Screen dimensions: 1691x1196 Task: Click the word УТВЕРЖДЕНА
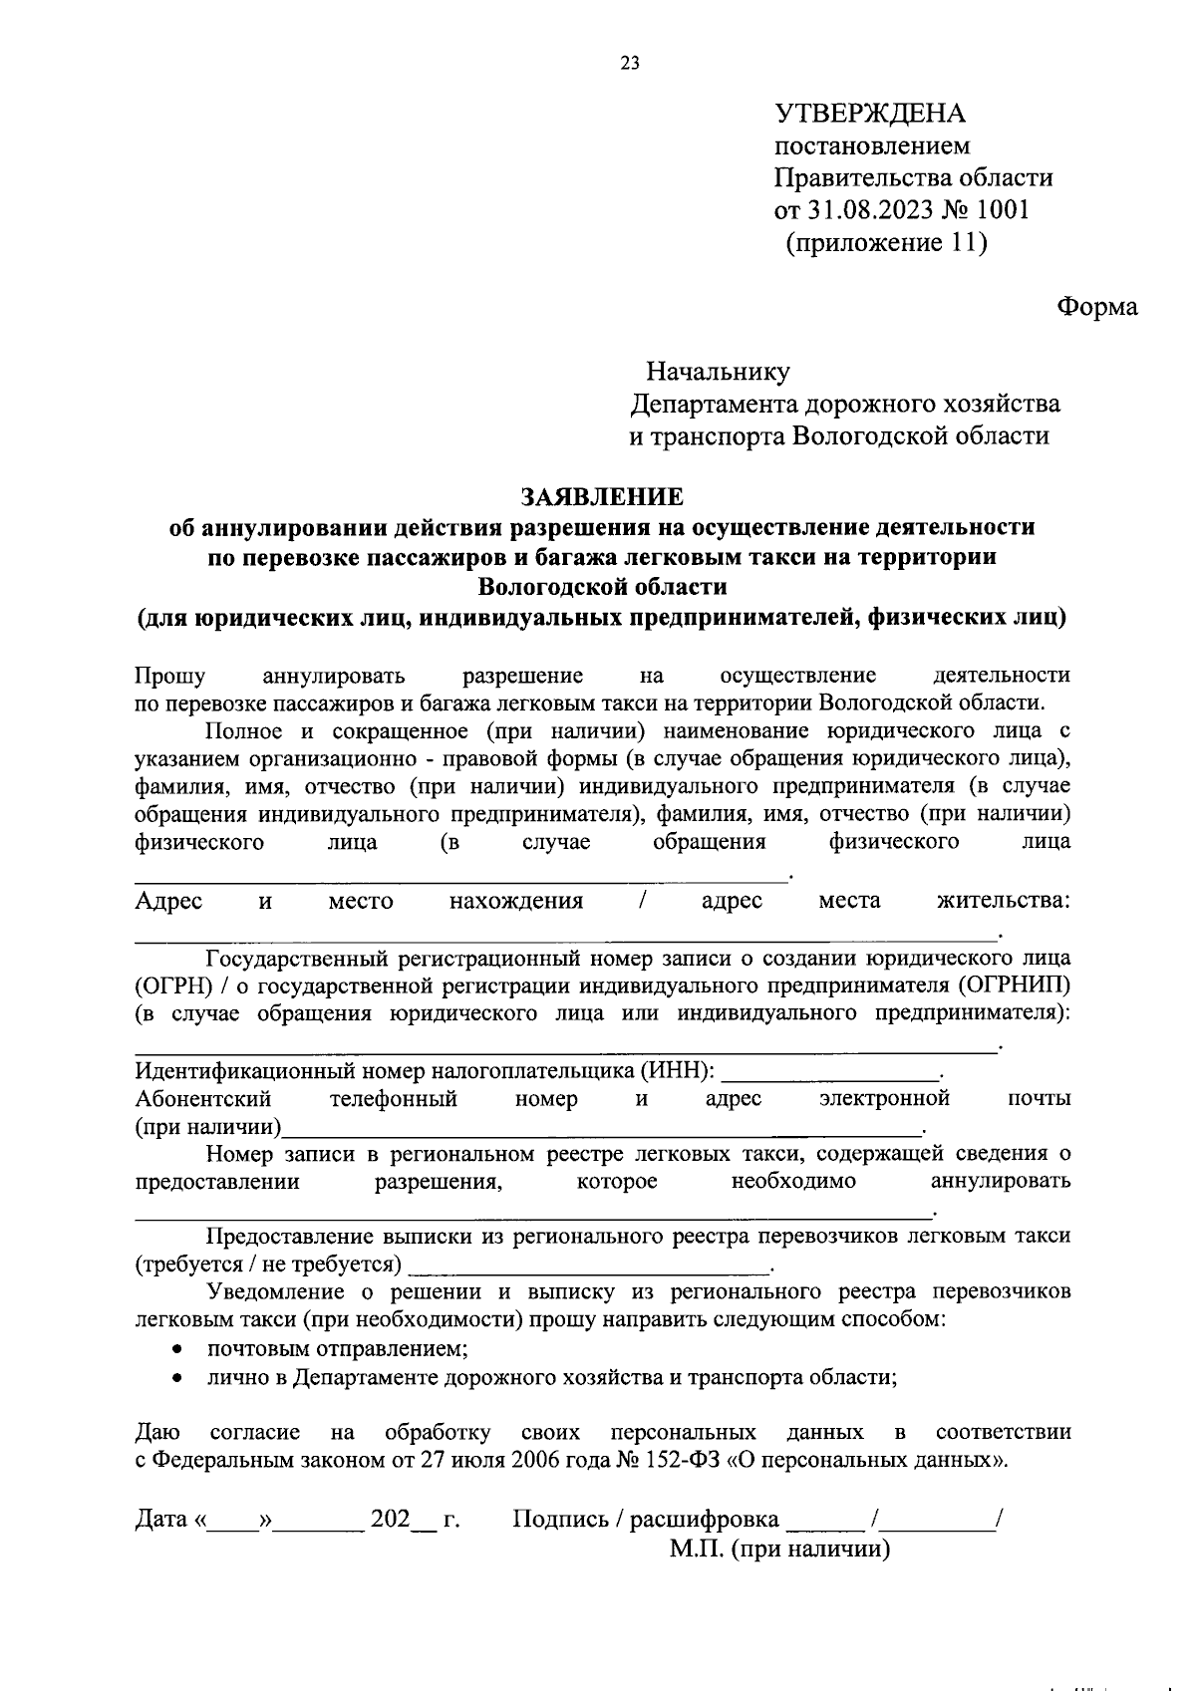[870, 113]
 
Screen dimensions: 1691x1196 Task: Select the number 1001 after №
[1003, 210]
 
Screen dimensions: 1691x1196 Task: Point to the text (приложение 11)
[886, 242]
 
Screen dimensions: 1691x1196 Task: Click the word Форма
[1096, 307]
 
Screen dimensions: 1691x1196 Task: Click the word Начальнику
[718, 372]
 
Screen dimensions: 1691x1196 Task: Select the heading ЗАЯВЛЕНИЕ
[602, 495]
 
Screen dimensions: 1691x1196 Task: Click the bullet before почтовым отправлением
[176, 1350]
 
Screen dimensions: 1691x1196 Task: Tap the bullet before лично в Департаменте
[176, 1378]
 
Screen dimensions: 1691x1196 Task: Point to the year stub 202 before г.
[390, 1520]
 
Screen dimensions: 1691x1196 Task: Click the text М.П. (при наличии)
[779, 1550]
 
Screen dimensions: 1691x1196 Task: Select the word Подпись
[559, 1520]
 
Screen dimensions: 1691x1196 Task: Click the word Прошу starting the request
[169, 676]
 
